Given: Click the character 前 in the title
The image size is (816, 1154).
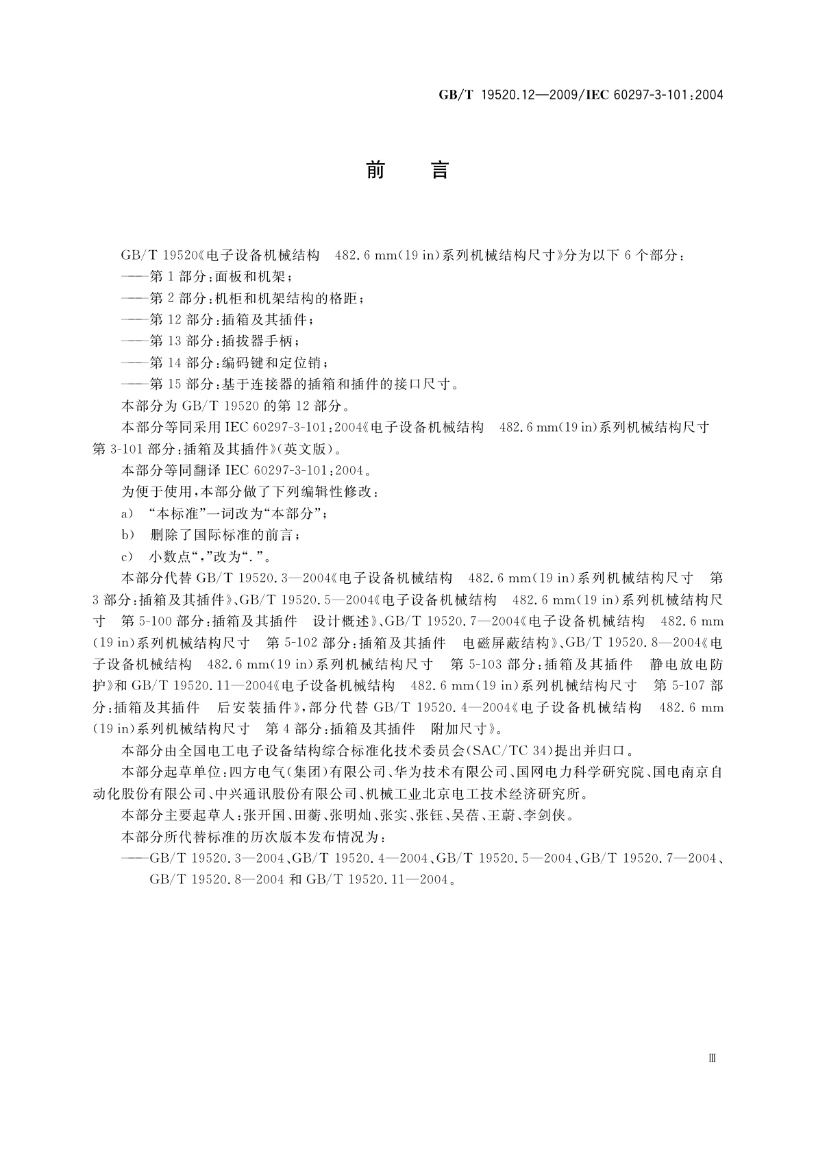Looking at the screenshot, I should (375, 170).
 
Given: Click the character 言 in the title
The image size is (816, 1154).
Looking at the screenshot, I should (439, 170).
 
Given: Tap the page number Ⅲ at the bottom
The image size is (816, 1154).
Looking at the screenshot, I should (712, 1058).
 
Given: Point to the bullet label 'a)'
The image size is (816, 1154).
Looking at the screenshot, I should (127, 513).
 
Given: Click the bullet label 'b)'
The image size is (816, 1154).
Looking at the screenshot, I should (127, 535).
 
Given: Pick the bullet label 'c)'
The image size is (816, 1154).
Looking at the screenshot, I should (127, 556).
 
